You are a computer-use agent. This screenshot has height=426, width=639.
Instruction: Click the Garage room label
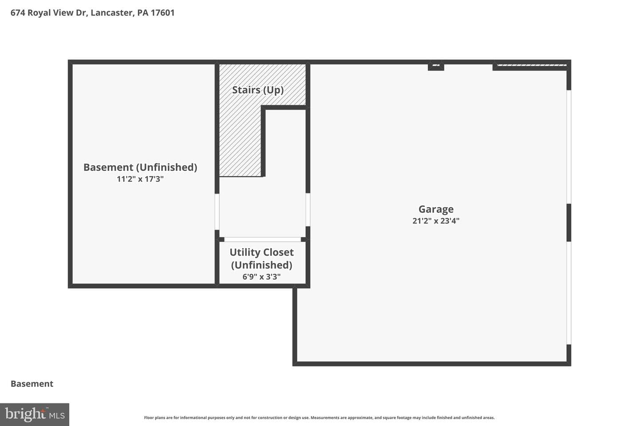point(436,209)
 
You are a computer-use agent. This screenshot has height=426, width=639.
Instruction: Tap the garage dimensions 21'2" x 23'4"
point(436,221)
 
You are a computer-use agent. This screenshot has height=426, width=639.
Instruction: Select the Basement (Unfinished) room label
point(140,167)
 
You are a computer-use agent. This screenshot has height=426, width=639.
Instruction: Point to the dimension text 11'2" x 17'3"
point(140,179)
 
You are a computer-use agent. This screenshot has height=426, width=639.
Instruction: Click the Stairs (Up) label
point(258,90)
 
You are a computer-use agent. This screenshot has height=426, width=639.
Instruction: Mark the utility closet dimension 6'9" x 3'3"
point(262,277)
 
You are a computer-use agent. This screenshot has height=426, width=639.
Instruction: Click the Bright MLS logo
point(35,414)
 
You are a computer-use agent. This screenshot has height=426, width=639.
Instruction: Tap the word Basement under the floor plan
point(32,384)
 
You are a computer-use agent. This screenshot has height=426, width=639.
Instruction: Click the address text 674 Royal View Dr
point(48,13)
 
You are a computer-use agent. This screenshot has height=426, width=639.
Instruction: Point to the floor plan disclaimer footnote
point(319,418)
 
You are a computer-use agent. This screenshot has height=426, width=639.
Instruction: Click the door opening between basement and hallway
point(217,211)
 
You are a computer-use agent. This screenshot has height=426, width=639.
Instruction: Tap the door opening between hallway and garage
point(308,210)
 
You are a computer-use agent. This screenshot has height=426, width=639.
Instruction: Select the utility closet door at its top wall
point(262,239)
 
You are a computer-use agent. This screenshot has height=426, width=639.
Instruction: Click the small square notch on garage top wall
point(436,66)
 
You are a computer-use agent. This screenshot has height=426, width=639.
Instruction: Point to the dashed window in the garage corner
point(532,65)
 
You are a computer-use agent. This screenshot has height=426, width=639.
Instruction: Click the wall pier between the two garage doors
point(568,223)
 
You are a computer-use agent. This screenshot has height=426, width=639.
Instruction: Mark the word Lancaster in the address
point(111,13)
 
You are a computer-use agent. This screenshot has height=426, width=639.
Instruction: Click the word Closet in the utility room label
point(278,252)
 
